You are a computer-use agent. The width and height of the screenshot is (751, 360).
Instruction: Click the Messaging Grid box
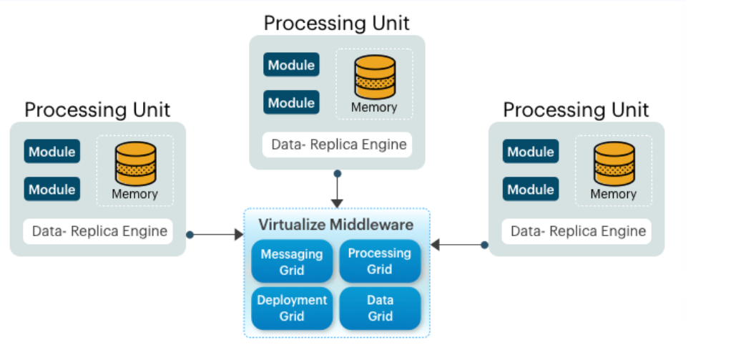(292, 261)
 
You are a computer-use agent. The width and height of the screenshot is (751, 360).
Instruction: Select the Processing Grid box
(379, 261)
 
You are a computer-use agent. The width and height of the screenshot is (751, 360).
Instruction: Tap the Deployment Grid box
(292, 308)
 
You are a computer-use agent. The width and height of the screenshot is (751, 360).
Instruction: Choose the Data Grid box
(379, 308)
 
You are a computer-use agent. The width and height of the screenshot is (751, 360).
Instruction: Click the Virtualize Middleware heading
(336, 225)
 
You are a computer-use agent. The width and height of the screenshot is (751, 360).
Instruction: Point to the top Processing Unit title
(336, 23)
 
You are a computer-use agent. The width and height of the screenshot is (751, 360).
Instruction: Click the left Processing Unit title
(97, 110)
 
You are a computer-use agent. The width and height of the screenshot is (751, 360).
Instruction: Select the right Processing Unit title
(576, 110)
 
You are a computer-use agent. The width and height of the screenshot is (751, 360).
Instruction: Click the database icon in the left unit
(135, 164)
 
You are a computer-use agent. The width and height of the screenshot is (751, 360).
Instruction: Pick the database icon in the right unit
(614, 164)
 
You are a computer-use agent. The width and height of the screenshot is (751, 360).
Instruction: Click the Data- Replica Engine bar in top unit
(338, 145)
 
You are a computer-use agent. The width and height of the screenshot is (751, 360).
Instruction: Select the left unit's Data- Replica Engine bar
(98, 231)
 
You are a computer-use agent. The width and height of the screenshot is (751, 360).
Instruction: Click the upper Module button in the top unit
(291, 65)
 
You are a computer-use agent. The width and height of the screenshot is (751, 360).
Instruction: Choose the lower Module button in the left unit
(51, 189)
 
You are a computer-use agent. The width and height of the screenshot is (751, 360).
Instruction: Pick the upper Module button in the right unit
(530, 152)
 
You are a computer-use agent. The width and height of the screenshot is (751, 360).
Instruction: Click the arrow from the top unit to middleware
(337, 190)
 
